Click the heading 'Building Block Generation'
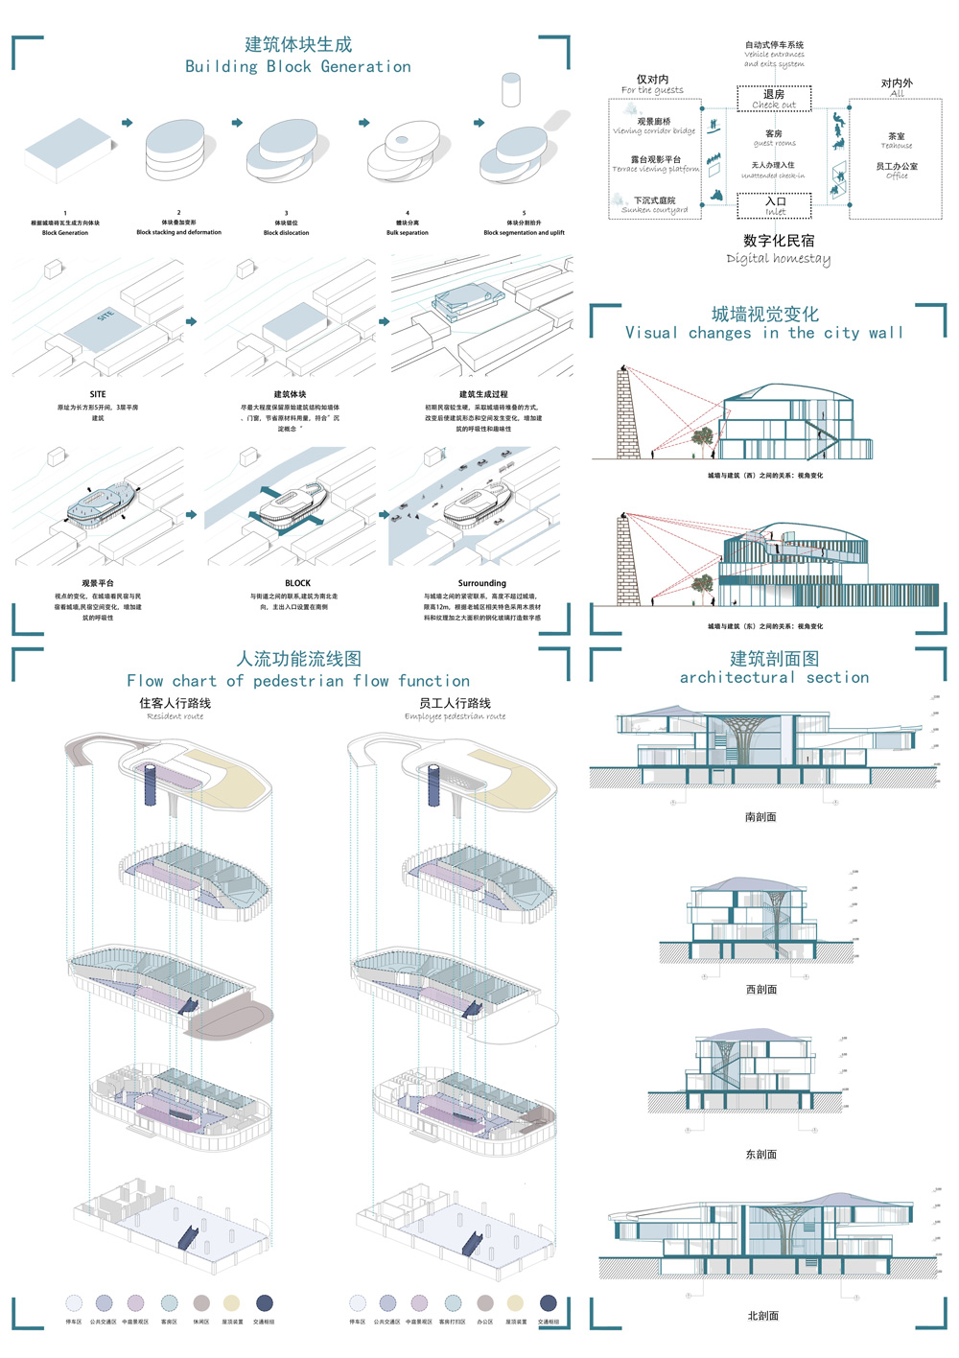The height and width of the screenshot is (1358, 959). click(298, 67)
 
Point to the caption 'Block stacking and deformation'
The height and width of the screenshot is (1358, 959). click(178, 232)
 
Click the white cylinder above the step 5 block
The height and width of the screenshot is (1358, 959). click(510, 89)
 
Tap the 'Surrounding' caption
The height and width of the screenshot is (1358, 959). click(481, 583)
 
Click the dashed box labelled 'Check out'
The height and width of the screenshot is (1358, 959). click(774, 99)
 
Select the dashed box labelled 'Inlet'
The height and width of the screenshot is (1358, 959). click(775, 206)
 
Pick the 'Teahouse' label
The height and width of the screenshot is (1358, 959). click(897, 146)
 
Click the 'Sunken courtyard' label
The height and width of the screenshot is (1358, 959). click(655, 210)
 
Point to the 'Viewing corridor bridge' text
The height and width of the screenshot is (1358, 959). click(654, 131)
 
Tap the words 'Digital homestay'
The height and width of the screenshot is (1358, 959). click(778, 258)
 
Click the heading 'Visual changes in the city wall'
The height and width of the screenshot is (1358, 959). click(764, 333)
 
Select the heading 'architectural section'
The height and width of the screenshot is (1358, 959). click(774, 678)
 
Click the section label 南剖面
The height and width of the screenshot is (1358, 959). click(760, 817)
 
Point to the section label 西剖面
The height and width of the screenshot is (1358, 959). click(761, 990)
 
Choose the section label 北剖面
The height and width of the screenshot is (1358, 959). click(762, 1316)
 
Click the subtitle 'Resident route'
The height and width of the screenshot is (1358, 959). click(175, 716)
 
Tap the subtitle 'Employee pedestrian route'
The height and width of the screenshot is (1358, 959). click(455, 716)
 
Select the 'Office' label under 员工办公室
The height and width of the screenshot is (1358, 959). click(897, 176)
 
